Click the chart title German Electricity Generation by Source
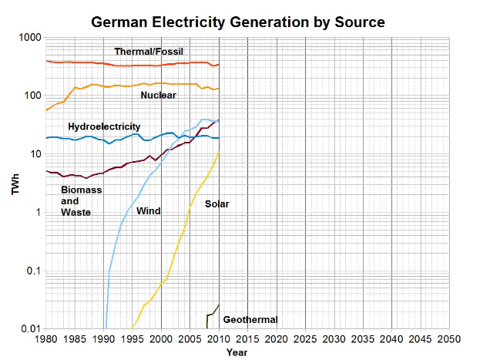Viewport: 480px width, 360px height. point(238,22)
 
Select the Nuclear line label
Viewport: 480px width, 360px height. point(158,95)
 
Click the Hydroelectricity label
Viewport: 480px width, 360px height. point(104,126)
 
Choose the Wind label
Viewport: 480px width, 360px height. point(148,210)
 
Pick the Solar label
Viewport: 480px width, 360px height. point(217,204)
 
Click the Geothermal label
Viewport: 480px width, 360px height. point(250,319)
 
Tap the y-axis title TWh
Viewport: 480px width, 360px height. point(15,183)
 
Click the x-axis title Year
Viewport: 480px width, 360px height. point(237,352)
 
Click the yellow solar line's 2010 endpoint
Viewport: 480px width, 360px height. point(219,152)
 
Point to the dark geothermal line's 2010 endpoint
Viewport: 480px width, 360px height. point(219,304)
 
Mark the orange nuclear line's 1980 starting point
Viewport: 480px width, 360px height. point(46,110)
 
